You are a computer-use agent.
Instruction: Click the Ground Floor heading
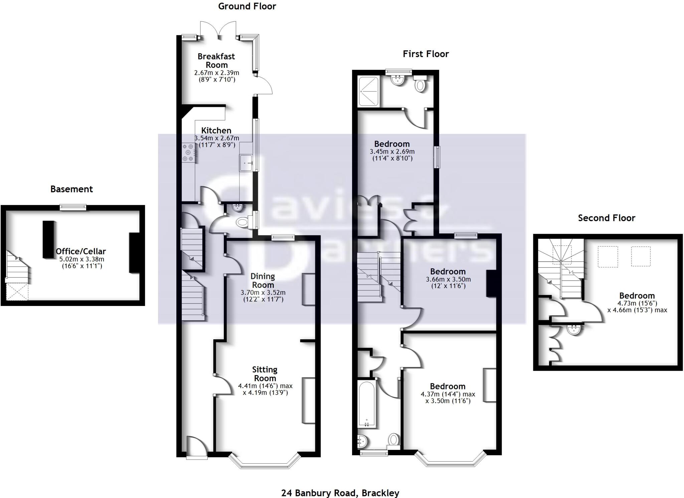click(x=247, y=6)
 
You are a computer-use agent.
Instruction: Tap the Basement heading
click(x=71, y=189)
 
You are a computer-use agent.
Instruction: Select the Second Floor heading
click(x=607, y=218)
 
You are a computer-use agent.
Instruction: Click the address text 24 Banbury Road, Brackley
click(x=340, y=493)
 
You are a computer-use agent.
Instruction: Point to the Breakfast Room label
click(x=216, y=60)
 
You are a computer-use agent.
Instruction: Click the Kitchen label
click(x=216, y=130)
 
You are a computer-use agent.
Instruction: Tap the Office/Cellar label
click(x=81, y=251)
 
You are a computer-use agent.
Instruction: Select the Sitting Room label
click(x=265, y=374)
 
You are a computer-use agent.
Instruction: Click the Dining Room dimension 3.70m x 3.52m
click(x=263, y=293)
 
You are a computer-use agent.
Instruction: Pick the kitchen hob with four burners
click(x=188, y=153)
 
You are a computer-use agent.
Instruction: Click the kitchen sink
click(x=246, y=163)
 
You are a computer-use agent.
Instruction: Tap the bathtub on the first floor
click(x=367, y=404)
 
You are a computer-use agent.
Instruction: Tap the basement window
click(x=73, y=207)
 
